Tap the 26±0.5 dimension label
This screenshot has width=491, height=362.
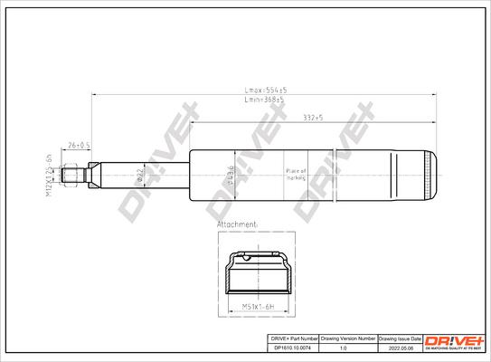(x=80, y=144)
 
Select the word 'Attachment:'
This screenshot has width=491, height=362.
(x=238, y=222)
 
